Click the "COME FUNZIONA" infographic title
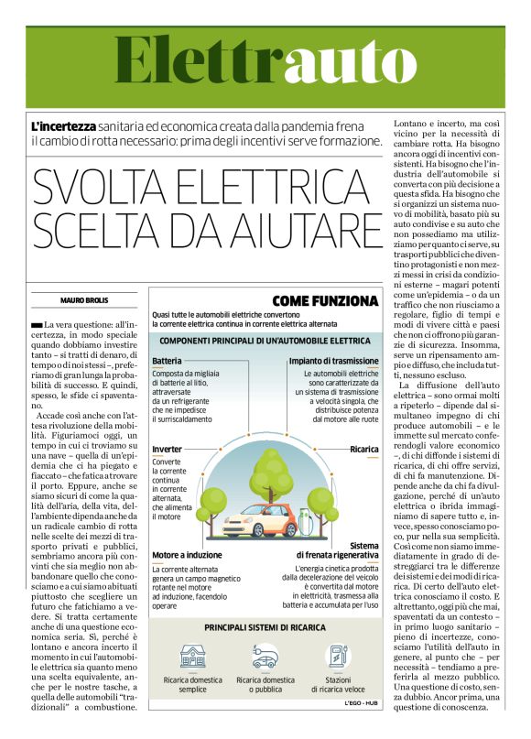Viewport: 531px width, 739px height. [325, 300]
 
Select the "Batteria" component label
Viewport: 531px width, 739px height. [167, 361]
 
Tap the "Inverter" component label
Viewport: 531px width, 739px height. [167, 450]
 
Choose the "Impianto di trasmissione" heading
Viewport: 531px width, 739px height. [334, 361]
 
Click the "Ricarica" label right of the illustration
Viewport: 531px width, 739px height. [363, 450]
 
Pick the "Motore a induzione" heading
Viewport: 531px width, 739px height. [187, 555]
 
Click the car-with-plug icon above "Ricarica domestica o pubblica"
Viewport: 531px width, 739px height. [264, 656]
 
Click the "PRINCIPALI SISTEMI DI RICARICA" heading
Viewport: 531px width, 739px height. [265, 628]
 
